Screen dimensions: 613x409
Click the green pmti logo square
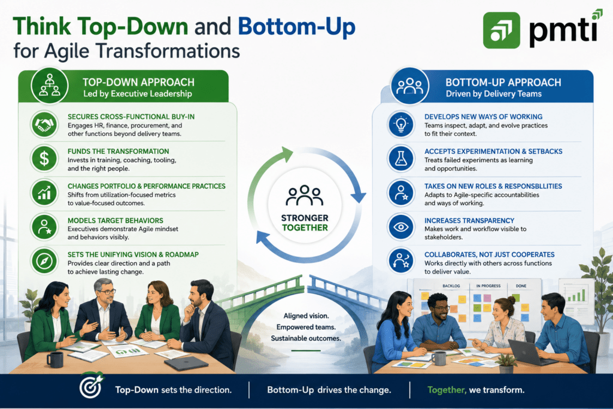[x=502, y=30]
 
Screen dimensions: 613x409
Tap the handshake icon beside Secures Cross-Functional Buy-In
[x=44, y=125]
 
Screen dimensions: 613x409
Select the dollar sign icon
[x=44, y=159]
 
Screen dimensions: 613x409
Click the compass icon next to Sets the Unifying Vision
[x=44, y=261]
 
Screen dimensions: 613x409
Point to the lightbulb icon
[x=401, y=125]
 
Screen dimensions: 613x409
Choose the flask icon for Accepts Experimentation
[x=401, y=159]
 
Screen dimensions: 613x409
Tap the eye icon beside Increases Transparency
[x=401, y=227]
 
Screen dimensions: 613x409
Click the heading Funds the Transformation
[x=118, y=152]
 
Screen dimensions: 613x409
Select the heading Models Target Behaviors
[x=116, y=220]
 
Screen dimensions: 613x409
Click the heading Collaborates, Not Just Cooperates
[x=490, y=255]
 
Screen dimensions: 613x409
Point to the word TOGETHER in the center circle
[x=305, y=228]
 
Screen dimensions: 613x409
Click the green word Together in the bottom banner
[x=447, y=390]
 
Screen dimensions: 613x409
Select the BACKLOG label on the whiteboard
[x=451, y=286]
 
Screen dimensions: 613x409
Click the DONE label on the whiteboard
[x=521, y=286]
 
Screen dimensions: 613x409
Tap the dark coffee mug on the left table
[x=54, y=359]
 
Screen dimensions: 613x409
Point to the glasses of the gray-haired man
[x=106, y=292]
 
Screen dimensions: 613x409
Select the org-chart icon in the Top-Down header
[x=50, y=86]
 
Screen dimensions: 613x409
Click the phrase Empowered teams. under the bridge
[x=306, y=327]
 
